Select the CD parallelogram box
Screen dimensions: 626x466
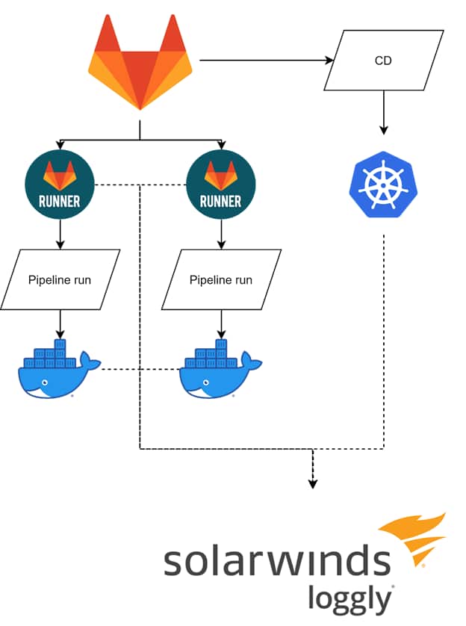(383, 61)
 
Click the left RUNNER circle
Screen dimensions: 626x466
(60, 185)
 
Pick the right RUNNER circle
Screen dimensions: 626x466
(221, 185)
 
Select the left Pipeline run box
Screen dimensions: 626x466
(60, 280)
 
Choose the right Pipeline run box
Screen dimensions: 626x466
(221, 280)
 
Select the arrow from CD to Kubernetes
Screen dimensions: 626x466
(383, 112)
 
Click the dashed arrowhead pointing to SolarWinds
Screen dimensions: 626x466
(313, 483)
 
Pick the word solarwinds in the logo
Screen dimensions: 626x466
(276, 562)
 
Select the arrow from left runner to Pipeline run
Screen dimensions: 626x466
(60, 235)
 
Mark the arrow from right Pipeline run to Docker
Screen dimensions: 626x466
(221, 324)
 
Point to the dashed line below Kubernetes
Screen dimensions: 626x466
(383, 336)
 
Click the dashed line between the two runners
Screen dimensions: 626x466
(140, 185)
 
